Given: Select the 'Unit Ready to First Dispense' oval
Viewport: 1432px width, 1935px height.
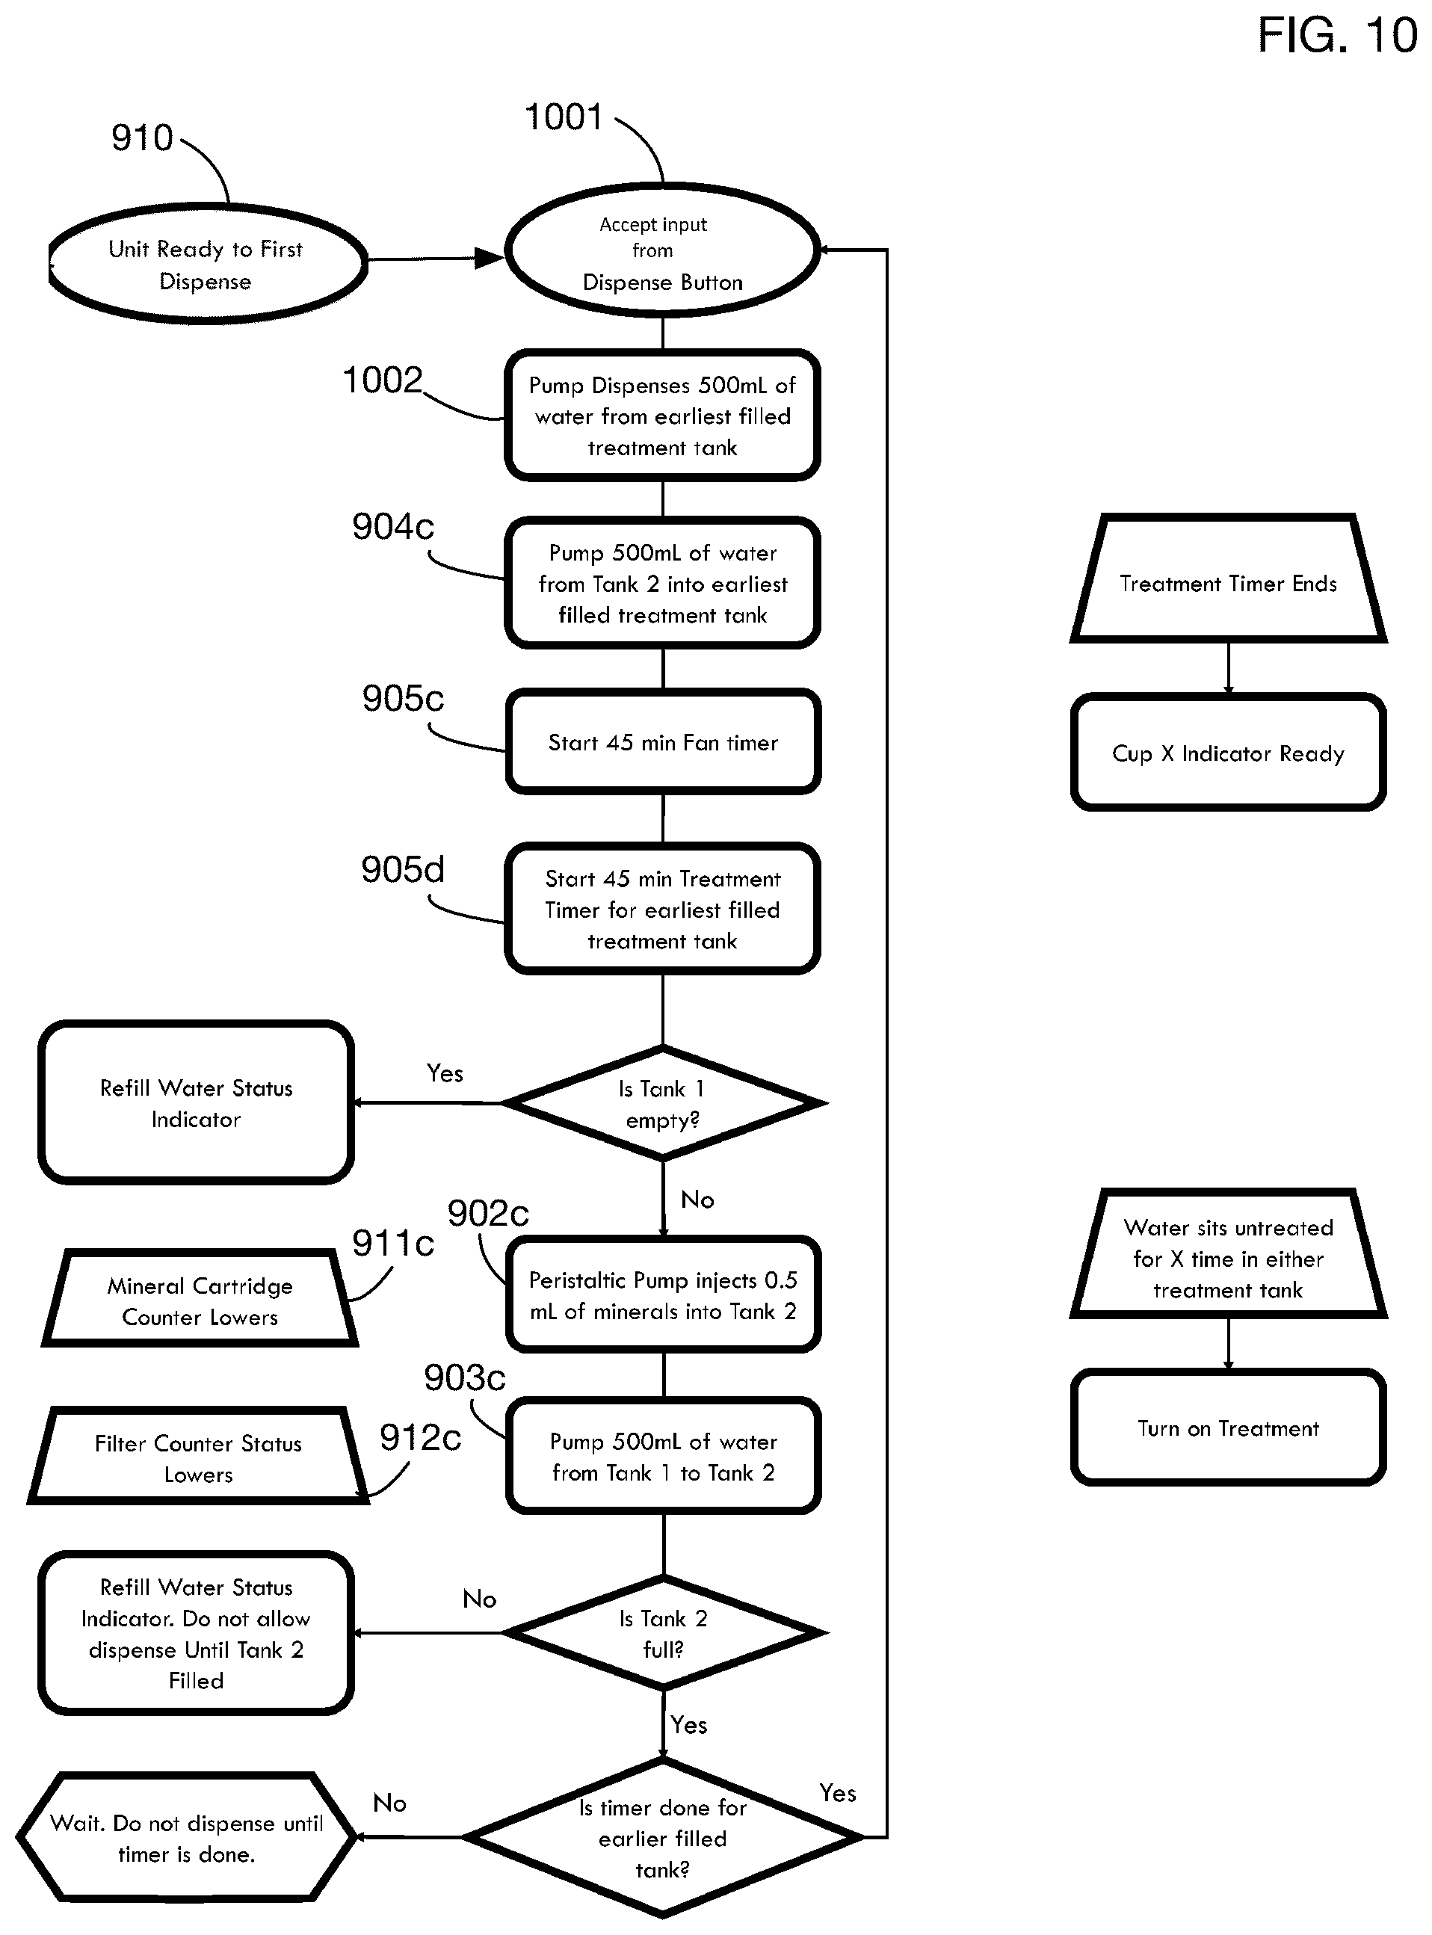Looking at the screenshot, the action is tap(207, 265).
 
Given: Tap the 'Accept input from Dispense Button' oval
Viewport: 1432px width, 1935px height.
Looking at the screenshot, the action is tap(662, 250).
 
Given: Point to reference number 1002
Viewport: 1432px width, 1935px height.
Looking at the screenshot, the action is tap(382, 380).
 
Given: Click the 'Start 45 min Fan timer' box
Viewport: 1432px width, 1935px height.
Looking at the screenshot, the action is tap(663, 742).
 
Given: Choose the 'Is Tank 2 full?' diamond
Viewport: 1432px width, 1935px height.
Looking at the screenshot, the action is tap(663, 1633).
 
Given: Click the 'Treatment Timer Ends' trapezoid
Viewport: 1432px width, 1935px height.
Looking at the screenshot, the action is tap(1228, 579).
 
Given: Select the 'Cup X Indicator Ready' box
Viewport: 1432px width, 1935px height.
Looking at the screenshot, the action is tap(1228, 753).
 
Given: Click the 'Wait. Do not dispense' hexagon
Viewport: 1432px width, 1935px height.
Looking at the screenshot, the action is tap(186, 1836).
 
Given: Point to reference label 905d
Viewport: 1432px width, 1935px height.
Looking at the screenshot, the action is tap(402, 869).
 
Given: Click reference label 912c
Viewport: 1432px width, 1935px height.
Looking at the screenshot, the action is tap(421, 1438).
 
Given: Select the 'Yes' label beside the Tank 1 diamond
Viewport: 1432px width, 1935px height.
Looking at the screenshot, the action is tap(445, 1073).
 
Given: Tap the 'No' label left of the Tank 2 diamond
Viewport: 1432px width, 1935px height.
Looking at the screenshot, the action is tap(479, 1599).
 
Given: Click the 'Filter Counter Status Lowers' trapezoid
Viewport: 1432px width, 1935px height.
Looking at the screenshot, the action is tap(199, 1457).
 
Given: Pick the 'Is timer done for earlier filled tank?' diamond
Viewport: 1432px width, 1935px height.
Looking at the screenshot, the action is tap(663, 1837).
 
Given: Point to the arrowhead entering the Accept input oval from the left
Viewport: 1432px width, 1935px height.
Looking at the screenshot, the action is tap(490, 258).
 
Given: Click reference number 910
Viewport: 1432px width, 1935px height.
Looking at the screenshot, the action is tap(142, 138).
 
